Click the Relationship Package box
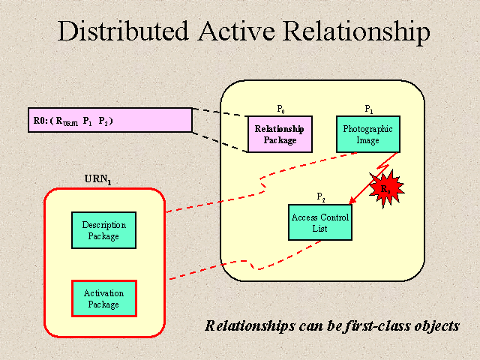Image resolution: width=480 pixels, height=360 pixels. (280, 134)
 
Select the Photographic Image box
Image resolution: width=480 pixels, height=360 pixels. (368, 134)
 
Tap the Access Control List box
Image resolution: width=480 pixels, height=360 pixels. (319, 222)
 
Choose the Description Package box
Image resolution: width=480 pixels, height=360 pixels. (104, 230)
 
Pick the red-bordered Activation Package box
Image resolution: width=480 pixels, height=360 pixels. (104, 298)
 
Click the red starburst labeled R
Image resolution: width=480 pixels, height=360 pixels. (385, 187)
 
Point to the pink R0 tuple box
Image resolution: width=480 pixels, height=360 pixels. (110, 120)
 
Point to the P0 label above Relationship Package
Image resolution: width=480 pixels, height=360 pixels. (281, 109)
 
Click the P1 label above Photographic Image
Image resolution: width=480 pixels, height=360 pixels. (368, 109)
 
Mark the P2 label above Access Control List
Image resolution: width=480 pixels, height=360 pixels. (320, 197)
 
